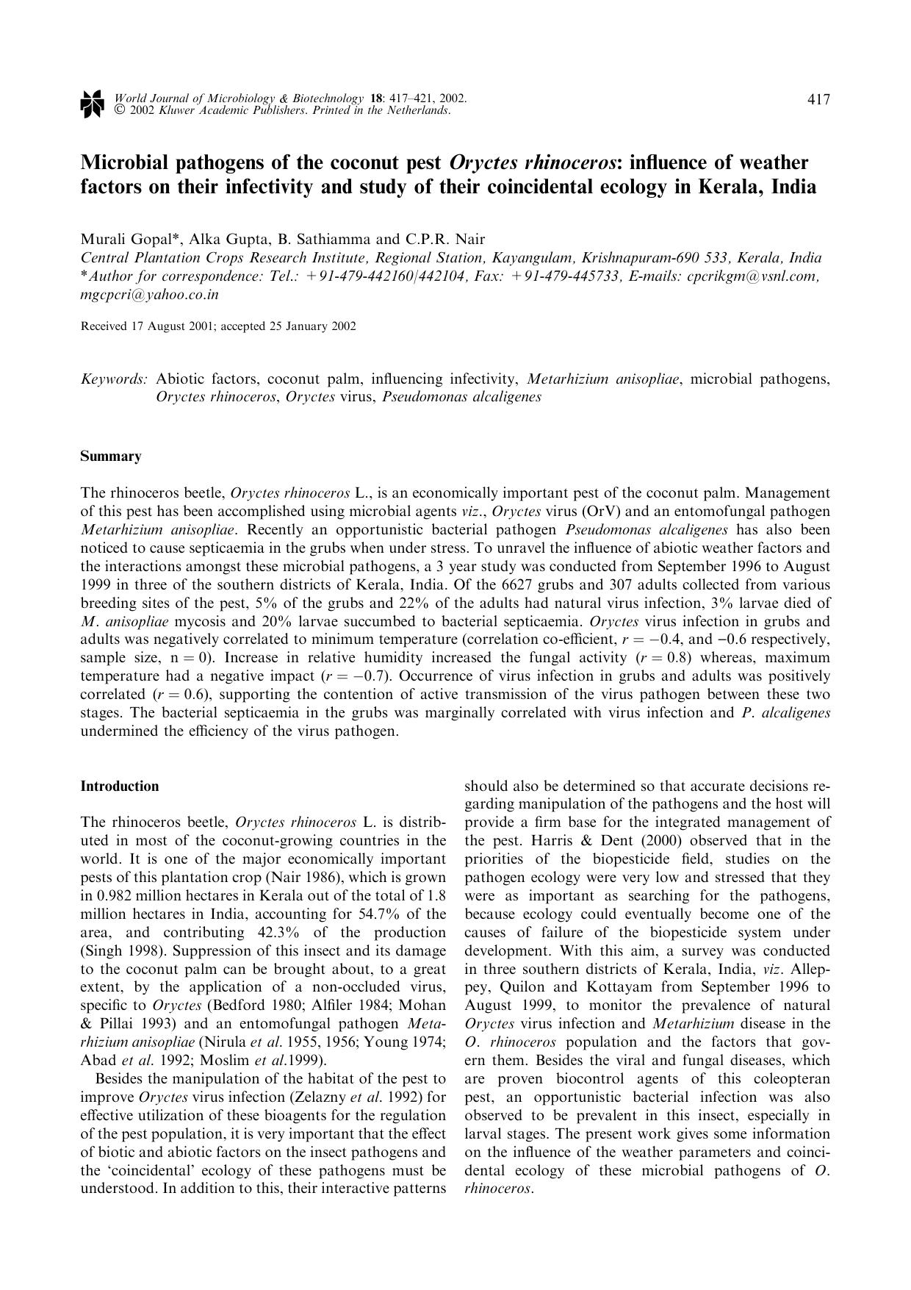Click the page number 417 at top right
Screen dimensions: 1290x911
click(x=818, y=100)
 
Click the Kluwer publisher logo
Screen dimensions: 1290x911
click(x=92, y=104)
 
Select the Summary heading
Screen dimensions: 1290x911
click(x=110, y=456)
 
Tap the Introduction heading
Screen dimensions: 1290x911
click(x=119, y=786)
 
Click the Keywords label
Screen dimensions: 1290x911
click(x=114, y=379)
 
